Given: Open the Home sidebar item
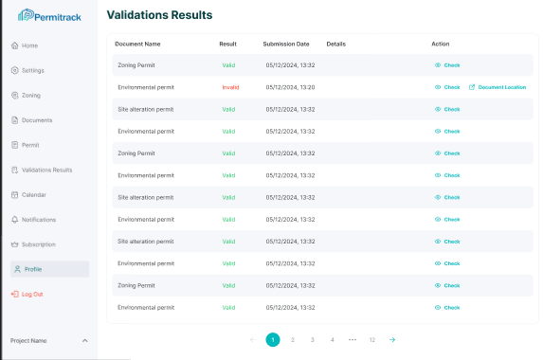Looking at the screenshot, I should (29, 45).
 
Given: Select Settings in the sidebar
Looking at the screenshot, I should (32, 70).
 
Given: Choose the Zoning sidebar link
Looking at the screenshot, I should (30, 96).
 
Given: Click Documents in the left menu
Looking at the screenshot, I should (36, 120).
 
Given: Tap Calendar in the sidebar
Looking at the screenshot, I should (33, 194).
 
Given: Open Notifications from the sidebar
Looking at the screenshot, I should (38, 220).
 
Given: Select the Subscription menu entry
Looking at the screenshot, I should (38, 244).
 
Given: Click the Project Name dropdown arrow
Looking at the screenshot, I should (84, 340).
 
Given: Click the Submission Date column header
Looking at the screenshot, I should (286, 44).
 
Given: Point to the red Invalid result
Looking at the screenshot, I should (230, 87).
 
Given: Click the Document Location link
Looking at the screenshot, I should (501, 87).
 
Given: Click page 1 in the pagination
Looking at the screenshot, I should (273, 339).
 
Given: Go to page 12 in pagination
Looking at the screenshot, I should (372, 339).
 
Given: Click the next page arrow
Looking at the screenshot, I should (392, 339).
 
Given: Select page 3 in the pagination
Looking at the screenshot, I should (313, 339).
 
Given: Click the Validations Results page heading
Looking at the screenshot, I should (159, 15).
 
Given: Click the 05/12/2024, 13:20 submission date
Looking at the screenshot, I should (290, 87).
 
